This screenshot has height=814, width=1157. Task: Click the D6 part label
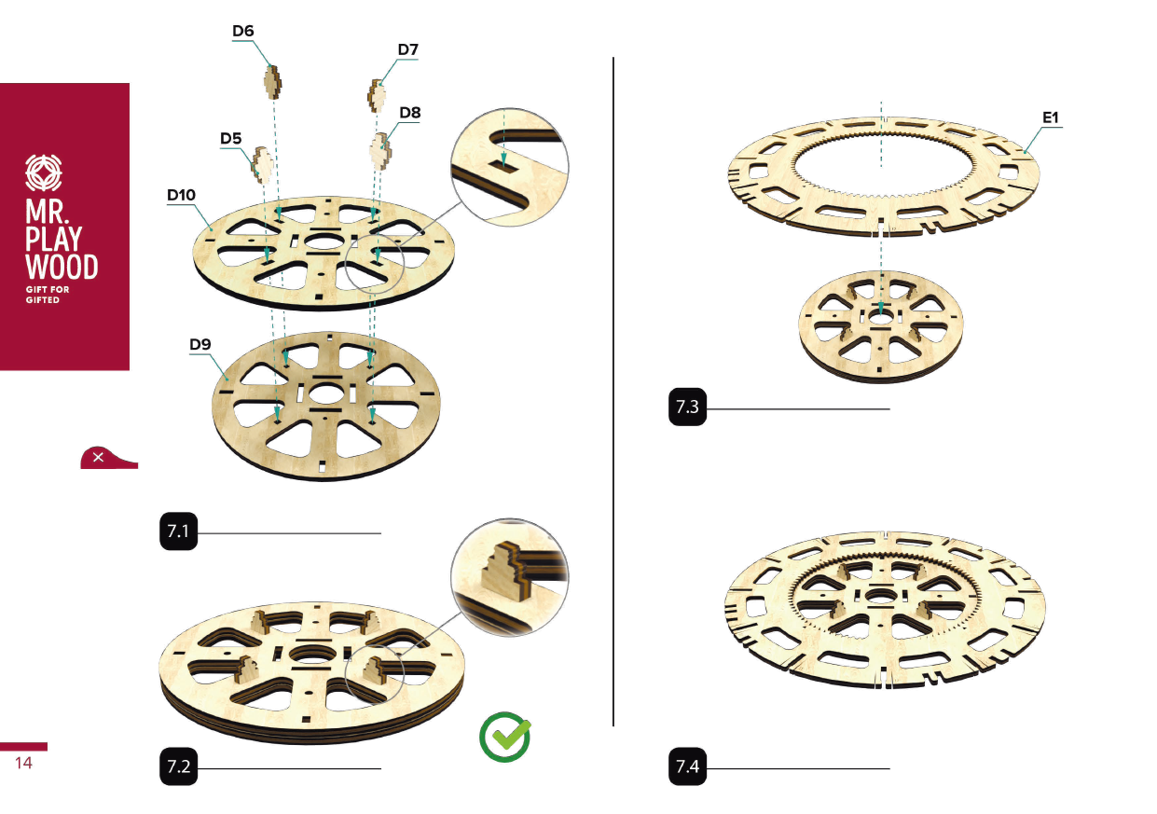[243, 31]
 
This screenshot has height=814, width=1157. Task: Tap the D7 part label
[408, 49]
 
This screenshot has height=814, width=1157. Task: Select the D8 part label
[410, 113]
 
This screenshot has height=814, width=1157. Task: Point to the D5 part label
[231, 138]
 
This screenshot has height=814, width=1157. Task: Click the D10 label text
[181, 195]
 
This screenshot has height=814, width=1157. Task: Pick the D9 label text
[200, 344]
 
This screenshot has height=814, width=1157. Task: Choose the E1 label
[1051, 117]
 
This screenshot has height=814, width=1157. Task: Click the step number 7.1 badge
[179, 531]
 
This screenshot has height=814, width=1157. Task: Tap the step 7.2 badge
[179, 766]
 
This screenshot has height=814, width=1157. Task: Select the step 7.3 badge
[687, 407]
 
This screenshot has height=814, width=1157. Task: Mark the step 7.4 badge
[687, 766]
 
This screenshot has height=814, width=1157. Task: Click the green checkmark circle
[504, 737]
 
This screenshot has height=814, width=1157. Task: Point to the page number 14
[23, 763]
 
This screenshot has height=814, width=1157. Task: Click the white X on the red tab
[98, 457]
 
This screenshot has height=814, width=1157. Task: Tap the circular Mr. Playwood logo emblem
[44, 172]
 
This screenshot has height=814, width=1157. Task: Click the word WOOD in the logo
[62, 267]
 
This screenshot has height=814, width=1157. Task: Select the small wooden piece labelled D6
[273, 82]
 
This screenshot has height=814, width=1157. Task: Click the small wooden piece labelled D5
[261, 165]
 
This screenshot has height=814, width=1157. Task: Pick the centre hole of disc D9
[324, 395]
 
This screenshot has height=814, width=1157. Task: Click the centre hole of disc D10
[324, 241]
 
